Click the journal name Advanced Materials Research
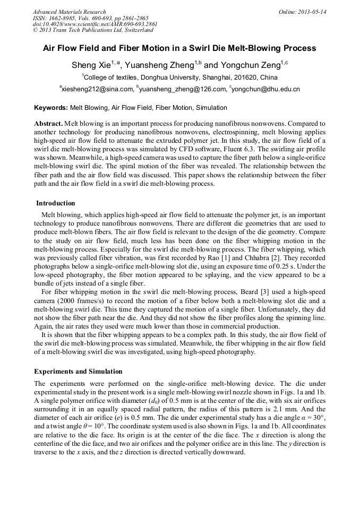69,12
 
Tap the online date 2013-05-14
312,12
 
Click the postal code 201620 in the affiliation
248,77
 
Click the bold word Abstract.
48,123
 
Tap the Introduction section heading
56,203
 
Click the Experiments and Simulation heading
78,372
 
